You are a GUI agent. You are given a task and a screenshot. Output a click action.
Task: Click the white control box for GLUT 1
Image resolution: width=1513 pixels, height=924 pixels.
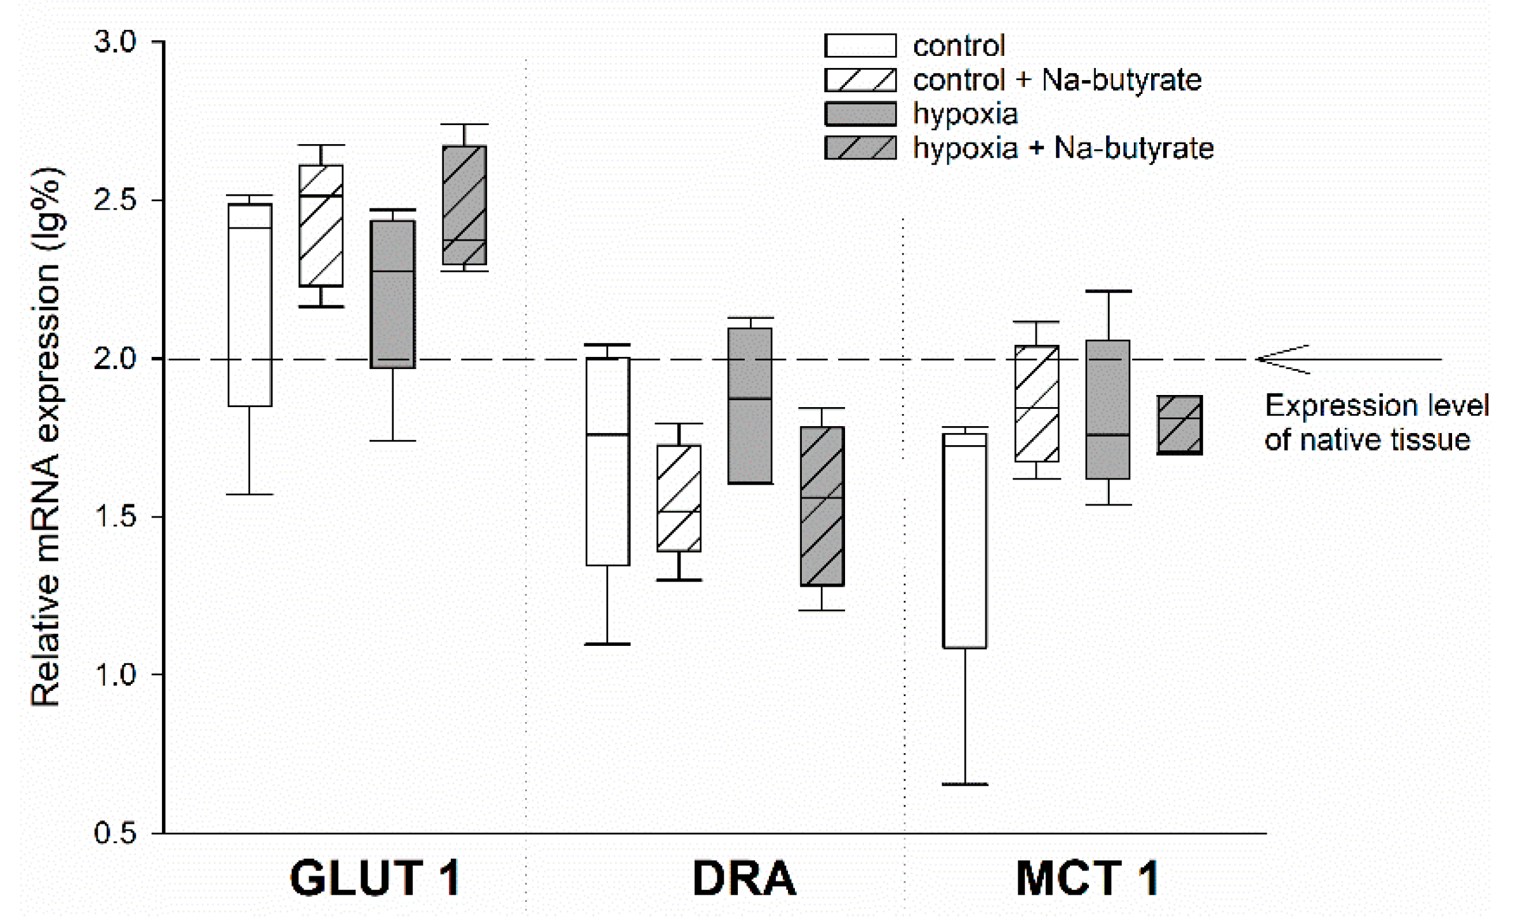click(x=250, y=305)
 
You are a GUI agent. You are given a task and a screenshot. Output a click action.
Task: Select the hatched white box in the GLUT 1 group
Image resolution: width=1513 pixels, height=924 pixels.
click(x=321, y=225)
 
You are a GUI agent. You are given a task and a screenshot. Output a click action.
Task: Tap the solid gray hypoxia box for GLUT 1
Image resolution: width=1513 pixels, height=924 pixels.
click(x=393, y=294)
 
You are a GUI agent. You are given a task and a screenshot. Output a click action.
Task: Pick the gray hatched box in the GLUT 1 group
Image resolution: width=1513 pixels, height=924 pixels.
click(x=465, y=205)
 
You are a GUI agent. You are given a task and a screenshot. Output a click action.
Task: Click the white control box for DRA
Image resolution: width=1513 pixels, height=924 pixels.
click(x=608, y=461)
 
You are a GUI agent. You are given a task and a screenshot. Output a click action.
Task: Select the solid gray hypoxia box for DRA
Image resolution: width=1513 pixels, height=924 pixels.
click(x=750, y=406)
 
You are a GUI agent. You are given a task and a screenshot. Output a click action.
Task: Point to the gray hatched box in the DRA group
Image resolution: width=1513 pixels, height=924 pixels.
click(x=822, y=506)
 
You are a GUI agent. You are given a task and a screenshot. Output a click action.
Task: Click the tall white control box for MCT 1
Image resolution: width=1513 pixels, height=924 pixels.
click(x=965, y=540)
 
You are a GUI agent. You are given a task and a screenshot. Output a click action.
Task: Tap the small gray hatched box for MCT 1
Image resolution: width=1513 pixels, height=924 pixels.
click(x=1180, y=425)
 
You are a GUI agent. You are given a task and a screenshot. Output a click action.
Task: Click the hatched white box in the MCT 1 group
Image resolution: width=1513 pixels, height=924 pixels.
click(x=1037, y=403)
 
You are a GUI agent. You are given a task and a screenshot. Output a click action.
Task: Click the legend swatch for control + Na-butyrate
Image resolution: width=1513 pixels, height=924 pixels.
click(x=860, y=80)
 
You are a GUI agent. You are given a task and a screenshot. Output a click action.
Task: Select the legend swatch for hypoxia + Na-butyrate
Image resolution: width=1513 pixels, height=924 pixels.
click(x=860, y=148)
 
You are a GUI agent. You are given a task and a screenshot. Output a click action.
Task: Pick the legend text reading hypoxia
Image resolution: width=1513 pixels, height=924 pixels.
click(x=965, y=114)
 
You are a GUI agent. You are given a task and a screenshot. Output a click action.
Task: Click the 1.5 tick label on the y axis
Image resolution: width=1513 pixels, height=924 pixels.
click(x=115, y=517)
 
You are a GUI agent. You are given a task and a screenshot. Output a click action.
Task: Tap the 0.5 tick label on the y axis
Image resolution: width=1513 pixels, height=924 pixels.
click(x=115, y=833)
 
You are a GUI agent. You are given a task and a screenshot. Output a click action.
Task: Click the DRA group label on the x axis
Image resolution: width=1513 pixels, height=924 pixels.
click(x=743, y=879)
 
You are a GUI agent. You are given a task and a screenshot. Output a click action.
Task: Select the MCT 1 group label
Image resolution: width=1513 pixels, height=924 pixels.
click(x=1087, y=879)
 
